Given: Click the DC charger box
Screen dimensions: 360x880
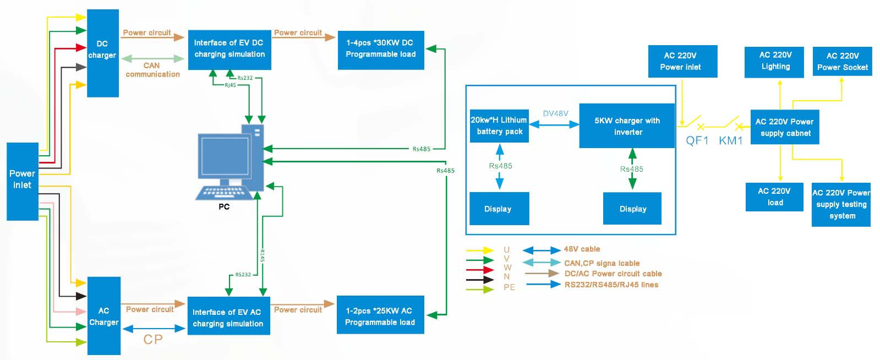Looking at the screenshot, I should pos(103,53).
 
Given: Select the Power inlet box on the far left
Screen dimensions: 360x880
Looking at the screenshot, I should pos(23,181).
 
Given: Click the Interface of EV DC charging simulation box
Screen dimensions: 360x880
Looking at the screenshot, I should pos(229,50).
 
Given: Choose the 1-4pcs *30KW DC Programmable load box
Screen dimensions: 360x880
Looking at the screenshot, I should pos(381,50).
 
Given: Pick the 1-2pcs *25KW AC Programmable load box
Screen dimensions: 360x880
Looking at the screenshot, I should pos(380,315).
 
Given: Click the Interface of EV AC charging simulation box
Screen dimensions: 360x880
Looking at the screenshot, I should pos(228,316).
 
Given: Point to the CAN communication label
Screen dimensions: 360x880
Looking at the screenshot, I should pos(152,69).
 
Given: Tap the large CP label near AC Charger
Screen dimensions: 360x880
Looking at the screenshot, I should pos(153,339).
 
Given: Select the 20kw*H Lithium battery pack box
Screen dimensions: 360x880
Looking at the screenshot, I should pos(499,126).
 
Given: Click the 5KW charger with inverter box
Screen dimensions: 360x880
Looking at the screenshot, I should pos(627,126).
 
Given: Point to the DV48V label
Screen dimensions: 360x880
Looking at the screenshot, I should pos(555,113).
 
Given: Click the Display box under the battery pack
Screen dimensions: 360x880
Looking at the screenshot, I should pos(499,209).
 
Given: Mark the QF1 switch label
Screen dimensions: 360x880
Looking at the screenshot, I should pos(697,140).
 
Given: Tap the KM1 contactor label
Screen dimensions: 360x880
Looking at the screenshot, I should pos(731,140).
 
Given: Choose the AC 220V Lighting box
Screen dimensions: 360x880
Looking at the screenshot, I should pos(775,62).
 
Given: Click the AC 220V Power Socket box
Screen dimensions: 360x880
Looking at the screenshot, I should pos(842,62).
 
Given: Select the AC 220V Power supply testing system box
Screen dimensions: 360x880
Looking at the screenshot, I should pos(841,204).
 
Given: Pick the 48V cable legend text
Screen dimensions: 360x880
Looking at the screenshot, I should pos(582,249).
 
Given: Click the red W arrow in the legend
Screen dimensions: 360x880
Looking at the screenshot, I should pos(480,270).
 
